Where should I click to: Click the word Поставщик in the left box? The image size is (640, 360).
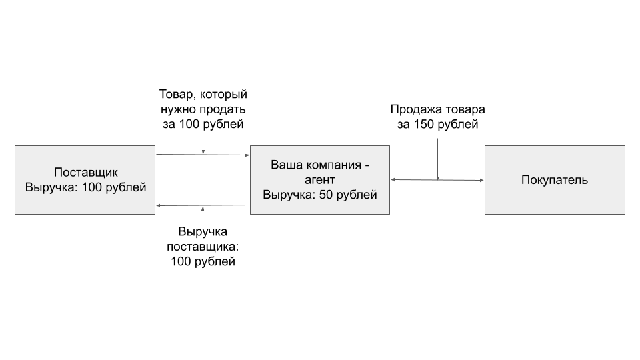click(86, 172)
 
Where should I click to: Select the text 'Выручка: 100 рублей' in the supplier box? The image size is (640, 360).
click(86, 187)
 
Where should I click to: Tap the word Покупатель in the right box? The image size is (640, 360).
click(555, 180)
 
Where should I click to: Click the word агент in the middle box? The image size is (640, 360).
click(320, 180)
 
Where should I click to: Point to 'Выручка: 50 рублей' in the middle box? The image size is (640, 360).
click(320, 195)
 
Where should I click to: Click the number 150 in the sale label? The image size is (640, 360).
click(424, 125)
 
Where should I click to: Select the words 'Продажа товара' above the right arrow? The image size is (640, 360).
click(437, 109)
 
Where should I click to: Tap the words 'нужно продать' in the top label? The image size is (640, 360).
click(203, 109)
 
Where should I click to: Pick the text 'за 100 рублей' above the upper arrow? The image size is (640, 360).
click(203, 124)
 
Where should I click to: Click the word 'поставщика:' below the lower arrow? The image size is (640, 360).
click(203, 247)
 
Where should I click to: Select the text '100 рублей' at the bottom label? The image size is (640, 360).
click(203, 261)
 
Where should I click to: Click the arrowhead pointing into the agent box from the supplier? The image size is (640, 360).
click(247, 155)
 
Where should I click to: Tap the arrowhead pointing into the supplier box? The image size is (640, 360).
click(159, 205)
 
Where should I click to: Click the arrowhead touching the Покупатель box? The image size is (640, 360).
click(482, 180)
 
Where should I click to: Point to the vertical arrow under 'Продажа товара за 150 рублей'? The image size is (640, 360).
click(437, 159)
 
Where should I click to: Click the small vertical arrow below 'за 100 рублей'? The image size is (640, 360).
click(203, 147)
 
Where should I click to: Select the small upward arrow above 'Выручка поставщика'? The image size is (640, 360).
click(203, 211)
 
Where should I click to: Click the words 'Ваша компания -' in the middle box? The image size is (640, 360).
click(320, 165)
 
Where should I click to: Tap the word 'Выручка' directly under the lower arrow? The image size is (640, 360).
click(203, 232)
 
